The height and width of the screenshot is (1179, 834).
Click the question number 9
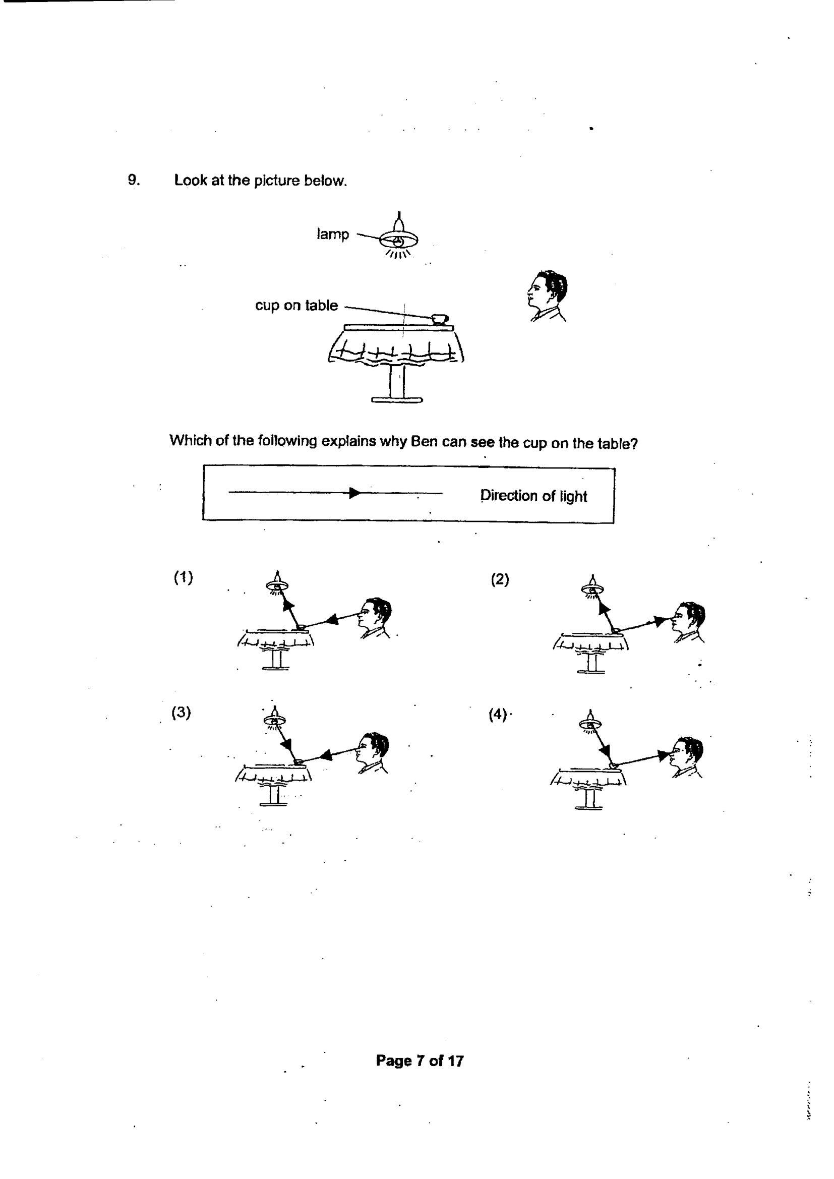click(x=134, y=180)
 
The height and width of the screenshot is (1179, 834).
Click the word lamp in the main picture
click(x=333, y=234)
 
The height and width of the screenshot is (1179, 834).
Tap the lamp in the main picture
click(x=398, y=235)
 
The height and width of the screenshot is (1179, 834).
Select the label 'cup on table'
click(x=296, y=306)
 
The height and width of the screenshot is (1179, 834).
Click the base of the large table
click(x=397, y=399)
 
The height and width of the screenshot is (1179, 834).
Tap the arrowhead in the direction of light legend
click(x=355, y=493)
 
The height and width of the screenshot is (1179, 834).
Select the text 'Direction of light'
click(x=533, y=496)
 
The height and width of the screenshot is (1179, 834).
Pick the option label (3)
click(x=182, y=713)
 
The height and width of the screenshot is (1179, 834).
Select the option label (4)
click(x=498, y=714)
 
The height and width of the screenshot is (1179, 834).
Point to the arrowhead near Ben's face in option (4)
click(x=664, y=755)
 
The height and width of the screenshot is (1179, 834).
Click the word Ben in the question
click(x=424, y=442)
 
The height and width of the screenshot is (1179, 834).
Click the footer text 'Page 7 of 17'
click(x=420, y=1061)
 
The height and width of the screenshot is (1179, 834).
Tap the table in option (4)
click(x=588, y=788)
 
